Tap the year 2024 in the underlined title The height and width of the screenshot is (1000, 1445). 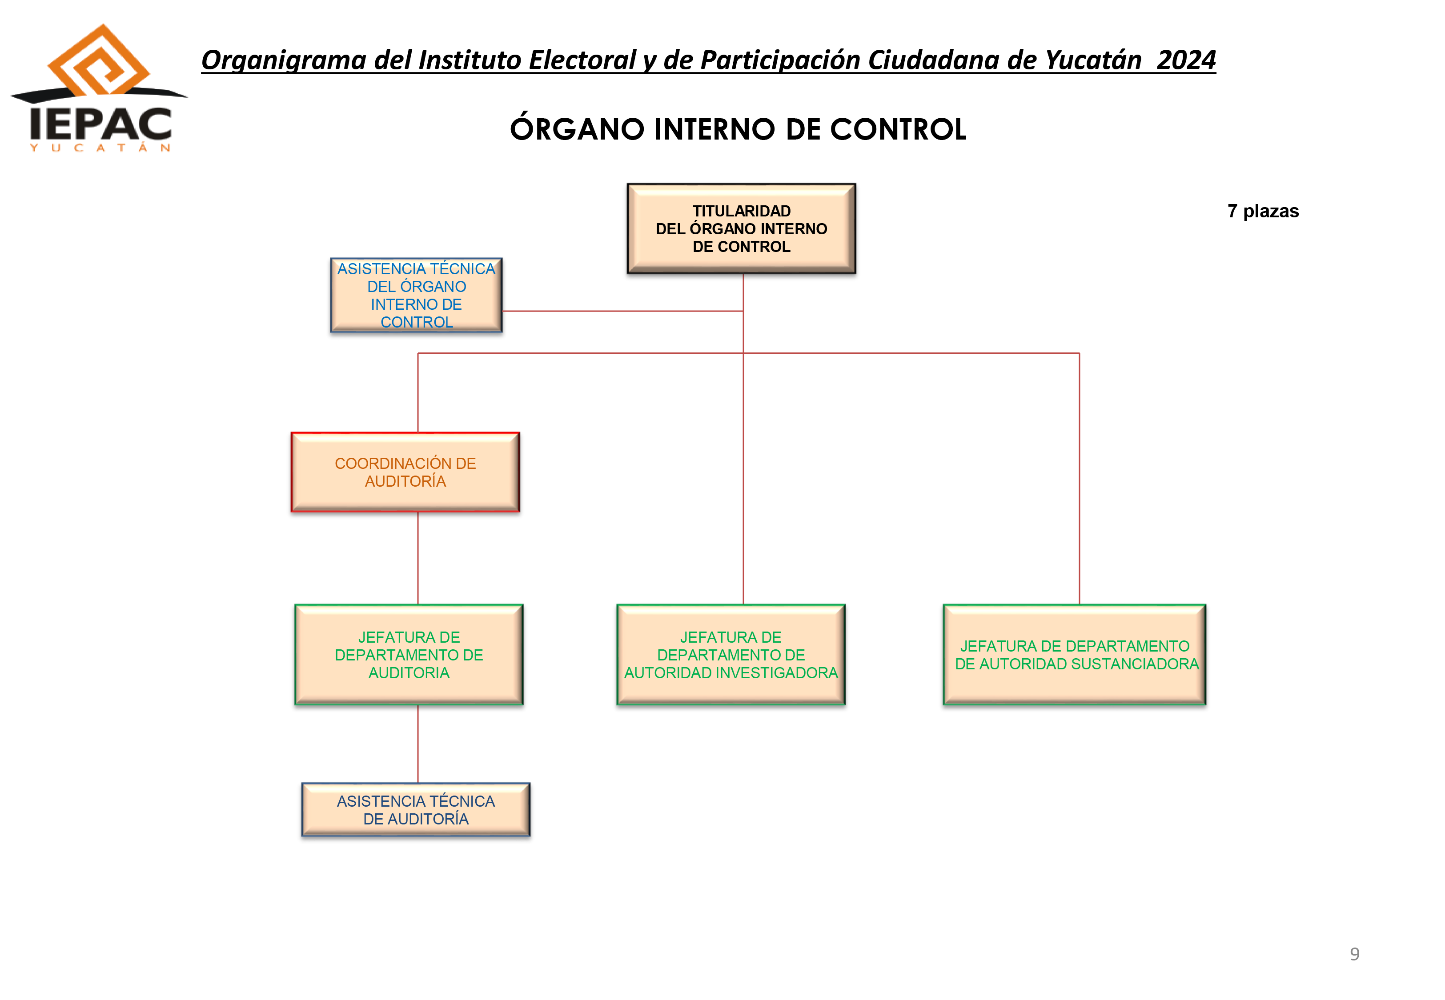tap(1186, 60)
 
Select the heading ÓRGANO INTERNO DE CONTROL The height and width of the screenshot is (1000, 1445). tap(738, 129)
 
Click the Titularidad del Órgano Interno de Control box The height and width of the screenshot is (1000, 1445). tap(741, 229)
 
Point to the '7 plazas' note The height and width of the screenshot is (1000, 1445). tap(1263, 211)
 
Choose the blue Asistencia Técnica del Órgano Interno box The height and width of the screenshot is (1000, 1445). tap(417, 295)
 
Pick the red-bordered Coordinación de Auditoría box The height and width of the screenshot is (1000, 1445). tap(405, 472)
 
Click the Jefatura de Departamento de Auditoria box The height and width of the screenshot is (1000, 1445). tap(409, 655)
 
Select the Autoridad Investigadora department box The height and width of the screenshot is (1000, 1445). tap(731, 655)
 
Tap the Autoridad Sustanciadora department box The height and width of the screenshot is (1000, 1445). tap(1075, 655)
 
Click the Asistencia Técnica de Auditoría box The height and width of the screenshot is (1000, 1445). tap(416, 809)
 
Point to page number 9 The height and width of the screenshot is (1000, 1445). tap(1354, 954)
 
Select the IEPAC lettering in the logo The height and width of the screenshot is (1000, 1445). tap(100, 124)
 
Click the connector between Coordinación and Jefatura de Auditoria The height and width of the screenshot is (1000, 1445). tap(418, 558)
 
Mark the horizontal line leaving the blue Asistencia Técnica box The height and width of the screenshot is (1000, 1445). tap(623, 311)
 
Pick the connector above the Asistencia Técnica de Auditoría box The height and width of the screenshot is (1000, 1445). tap(418, 744)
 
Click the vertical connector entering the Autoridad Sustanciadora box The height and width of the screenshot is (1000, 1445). tap(1079, 479)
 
